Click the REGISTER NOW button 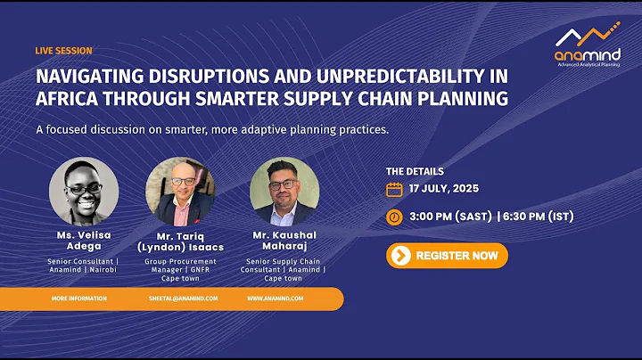(447, 256)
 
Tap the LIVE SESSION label (63, 51)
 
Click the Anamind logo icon (588, 37)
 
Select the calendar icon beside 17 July (394, 190)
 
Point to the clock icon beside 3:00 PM (394, 217)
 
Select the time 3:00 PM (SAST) (454, 217)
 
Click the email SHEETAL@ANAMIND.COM (182, 299)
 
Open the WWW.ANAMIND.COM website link (276, 299)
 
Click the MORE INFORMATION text (79, 299)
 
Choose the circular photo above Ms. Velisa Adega (84, 192)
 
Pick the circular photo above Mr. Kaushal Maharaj (284, 192)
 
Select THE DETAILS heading (414, 171)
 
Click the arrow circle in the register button (401, 256)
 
